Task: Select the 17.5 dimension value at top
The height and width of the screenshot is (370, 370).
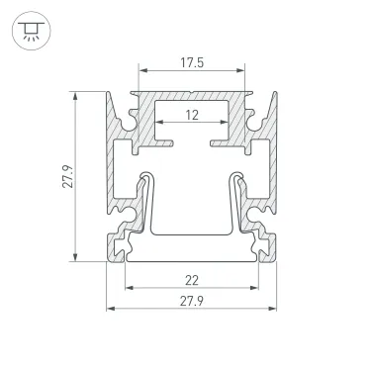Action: pyautogui.click(x=191, y=61)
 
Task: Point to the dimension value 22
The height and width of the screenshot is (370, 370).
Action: pyautogui.click(x=191, y=280)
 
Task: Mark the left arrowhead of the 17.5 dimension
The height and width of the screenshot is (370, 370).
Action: pyautogui.click(x=140, y=72)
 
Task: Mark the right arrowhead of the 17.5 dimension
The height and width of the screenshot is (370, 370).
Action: pyautogui.click(x=243, y=72)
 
